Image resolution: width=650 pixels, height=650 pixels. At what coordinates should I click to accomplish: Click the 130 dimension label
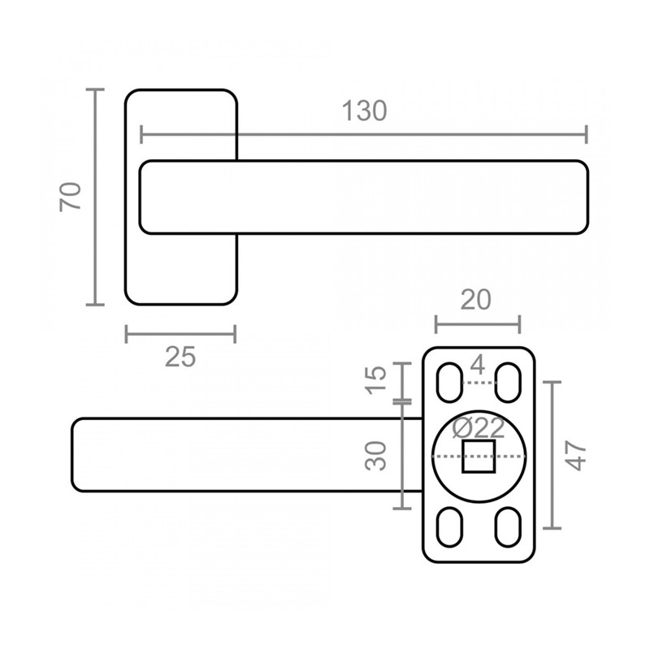[364, 111]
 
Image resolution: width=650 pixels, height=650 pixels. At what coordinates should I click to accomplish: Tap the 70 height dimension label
[70, 197]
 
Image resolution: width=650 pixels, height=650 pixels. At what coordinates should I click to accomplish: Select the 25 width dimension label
[180, 357]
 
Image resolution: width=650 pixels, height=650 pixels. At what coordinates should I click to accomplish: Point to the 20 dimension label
[475, 300]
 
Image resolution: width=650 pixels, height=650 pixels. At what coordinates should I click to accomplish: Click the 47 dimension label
[576, 455]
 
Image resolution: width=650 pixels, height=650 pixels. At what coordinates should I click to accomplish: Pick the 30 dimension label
[375, 456]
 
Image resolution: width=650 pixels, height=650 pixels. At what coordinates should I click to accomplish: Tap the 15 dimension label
[375, 380]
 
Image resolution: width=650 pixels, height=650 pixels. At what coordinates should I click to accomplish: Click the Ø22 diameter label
[479, 428]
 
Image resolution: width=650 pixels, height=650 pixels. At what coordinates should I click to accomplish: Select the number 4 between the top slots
[478, 365]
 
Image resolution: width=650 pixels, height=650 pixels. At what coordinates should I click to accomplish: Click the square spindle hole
[479, 457]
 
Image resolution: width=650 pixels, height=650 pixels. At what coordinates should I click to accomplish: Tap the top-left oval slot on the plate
[450, 382]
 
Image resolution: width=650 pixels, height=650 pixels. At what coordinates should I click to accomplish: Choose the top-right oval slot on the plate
[509, 382]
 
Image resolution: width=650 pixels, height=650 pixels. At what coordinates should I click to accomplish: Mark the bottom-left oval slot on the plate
[450, 526]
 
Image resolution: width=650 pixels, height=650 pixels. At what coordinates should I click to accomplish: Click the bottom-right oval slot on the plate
[509, 526]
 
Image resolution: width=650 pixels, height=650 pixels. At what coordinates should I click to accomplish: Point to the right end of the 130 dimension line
[586, 134]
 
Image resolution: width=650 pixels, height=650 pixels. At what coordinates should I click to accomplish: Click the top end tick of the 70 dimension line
[95, 89]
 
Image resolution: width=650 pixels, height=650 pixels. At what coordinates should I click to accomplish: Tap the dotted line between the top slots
[479, 383]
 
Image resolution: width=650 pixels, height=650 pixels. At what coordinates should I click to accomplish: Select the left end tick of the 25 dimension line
[127, 334]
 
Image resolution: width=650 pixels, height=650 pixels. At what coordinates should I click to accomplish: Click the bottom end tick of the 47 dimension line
[552, 528]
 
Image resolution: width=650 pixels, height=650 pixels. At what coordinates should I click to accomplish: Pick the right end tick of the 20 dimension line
[519, 323]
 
